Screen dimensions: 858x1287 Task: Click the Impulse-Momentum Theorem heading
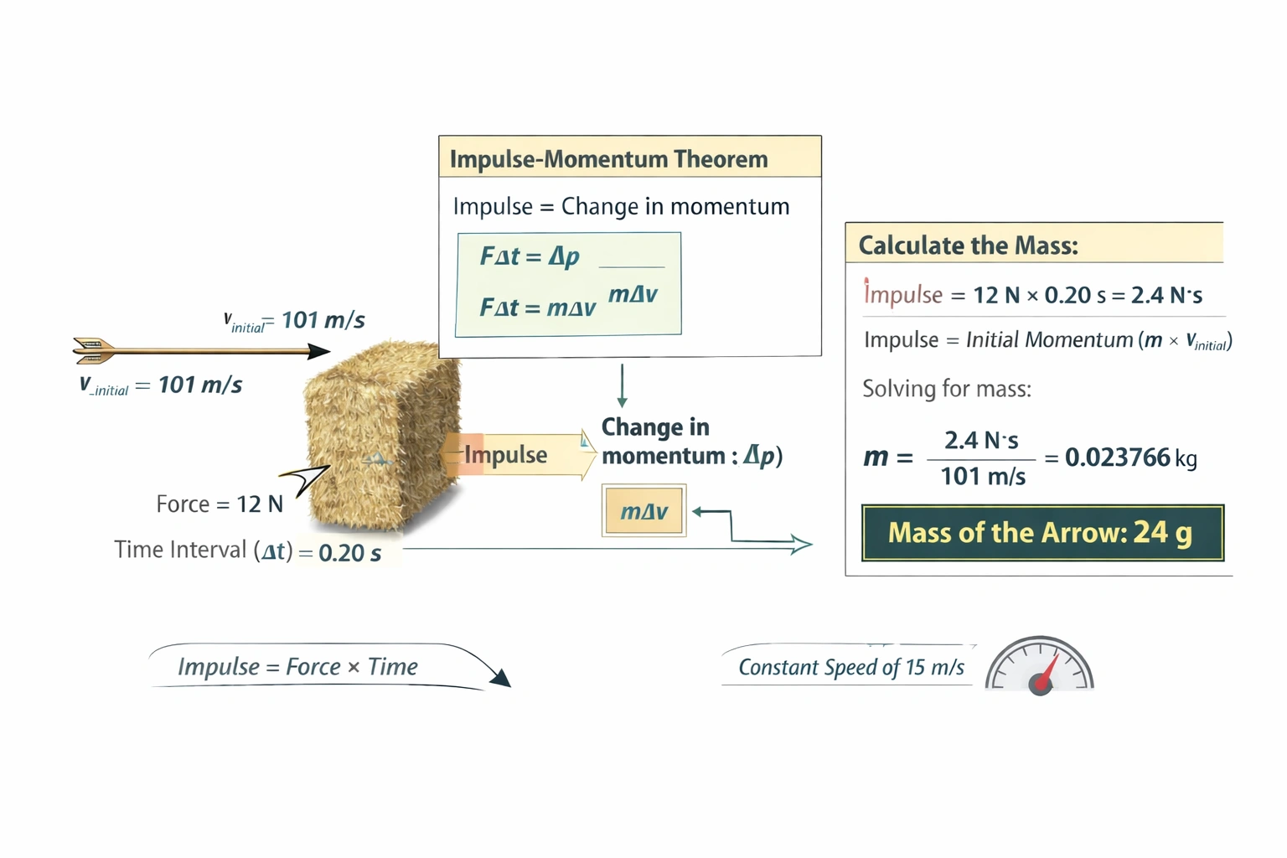(608, 159)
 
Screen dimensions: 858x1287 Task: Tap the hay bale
(381, 436)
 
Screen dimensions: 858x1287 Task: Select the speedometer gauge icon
(1039, 667)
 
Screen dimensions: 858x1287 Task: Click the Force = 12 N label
(220, 504)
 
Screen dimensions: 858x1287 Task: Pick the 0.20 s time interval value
(349, 553)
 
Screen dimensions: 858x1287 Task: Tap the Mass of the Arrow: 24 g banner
(1042, 533)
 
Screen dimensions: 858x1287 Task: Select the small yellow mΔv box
(643, 511)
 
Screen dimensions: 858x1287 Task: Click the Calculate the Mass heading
(968, 246)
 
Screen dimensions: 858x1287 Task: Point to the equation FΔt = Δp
(530, 256)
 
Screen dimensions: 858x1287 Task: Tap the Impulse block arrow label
(506, 455)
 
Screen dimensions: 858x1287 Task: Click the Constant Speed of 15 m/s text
(850, 667)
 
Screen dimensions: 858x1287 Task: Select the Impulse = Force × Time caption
(297, 667)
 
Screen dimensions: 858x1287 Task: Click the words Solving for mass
(947, 389)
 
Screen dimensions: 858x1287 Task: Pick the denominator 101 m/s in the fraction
(982, 477)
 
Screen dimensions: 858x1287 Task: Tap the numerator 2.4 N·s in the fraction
(981, 440)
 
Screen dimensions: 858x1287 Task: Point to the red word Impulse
(902, 295)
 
